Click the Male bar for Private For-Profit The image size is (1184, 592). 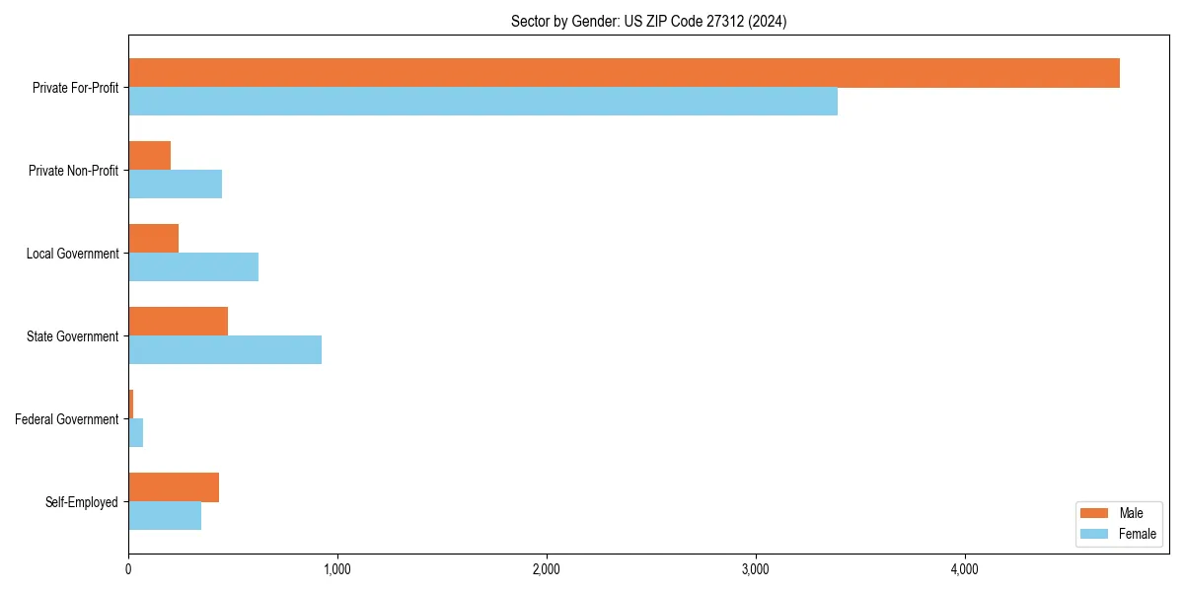[x=624, y=73]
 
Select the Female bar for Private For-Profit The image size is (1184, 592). [x=482, y=102]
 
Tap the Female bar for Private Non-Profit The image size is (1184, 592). [x=175, y=185]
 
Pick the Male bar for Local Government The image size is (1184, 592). [x=153, y=239]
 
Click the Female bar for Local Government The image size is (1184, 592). [x=193, y=267]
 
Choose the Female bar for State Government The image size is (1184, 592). [x=225, y=350]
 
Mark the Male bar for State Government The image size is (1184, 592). [x=178, y=322]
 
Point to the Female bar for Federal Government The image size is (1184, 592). [x=135, y=433]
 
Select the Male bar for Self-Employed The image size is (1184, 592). [x=174, y=487]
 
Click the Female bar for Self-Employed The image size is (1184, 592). [x=165, y=516]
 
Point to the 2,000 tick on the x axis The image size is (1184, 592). [x=546, y=569]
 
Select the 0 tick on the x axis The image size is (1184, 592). [x=128, y=569]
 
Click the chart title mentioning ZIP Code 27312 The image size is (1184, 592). [x=648, y=21]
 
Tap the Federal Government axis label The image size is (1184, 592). [x=66, y=419]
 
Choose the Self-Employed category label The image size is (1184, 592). [x=81, y=502]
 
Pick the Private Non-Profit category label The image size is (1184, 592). [x=73, y=171]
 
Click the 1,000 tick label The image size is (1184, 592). [x=337, y=569]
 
